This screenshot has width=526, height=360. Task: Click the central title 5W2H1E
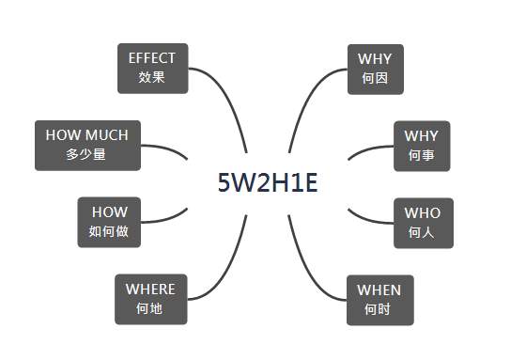[x=268, y=183]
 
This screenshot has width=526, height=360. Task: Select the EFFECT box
[x=152, y=69]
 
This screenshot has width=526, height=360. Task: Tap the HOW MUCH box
[x=87, y=146]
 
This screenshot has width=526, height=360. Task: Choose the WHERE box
[x=151, y=300]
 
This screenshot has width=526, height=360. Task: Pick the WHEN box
[x=380, y=300]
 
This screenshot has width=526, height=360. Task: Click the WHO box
[x=424, y=223]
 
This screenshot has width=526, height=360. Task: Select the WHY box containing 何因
[x=376, y=70]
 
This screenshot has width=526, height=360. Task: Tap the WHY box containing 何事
[x=422, y=146]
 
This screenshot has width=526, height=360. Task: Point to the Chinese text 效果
[x=151, y=77]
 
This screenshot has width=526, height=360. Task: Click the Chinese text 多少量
[x=85, y=154]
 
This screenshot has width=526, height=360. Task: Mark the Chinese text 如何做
[x=108, y=231]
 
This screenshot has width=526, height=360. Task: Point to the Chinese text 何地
[x=149, y=308]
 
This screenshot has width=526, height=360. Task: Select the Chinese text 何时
[x=378, y=309]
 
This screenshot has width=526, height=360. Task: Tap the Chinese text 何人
[x=422, y=232]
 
